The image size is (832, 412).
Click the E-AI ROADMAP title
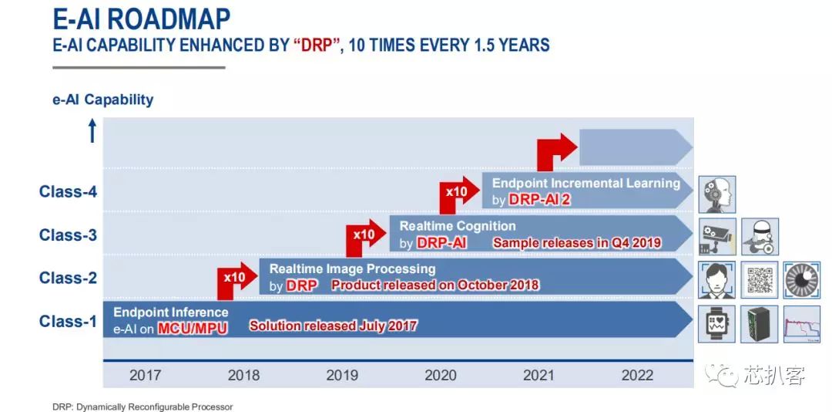point(142,19)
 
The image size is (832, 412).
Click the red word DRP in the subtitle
point(317,45)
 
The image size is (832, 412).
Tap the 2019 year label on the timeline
point(342,375)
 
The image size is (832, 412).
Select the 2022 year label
point(637,375)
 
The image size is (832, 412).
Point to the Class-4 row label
point(68,191)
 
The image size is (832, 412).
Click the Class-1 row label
point(68,321)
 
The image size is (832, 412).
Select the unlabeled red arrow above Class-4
point(557,151)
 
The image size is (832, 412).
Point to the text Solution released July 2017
point(334,326)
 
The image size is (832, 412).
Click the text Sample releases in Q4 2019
point(577,243)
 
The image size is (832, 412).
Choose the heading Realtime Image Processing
point(352,268)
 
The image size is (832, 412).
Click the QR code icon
point(760,279)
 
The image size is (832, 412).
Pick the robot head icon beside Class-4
point(717,194)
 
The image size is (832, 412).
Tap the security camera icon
point(717,237)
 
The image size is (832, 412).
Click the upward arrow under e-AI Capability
point(92,130)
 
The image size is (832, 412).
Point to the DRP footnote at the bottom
point(143,407)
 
